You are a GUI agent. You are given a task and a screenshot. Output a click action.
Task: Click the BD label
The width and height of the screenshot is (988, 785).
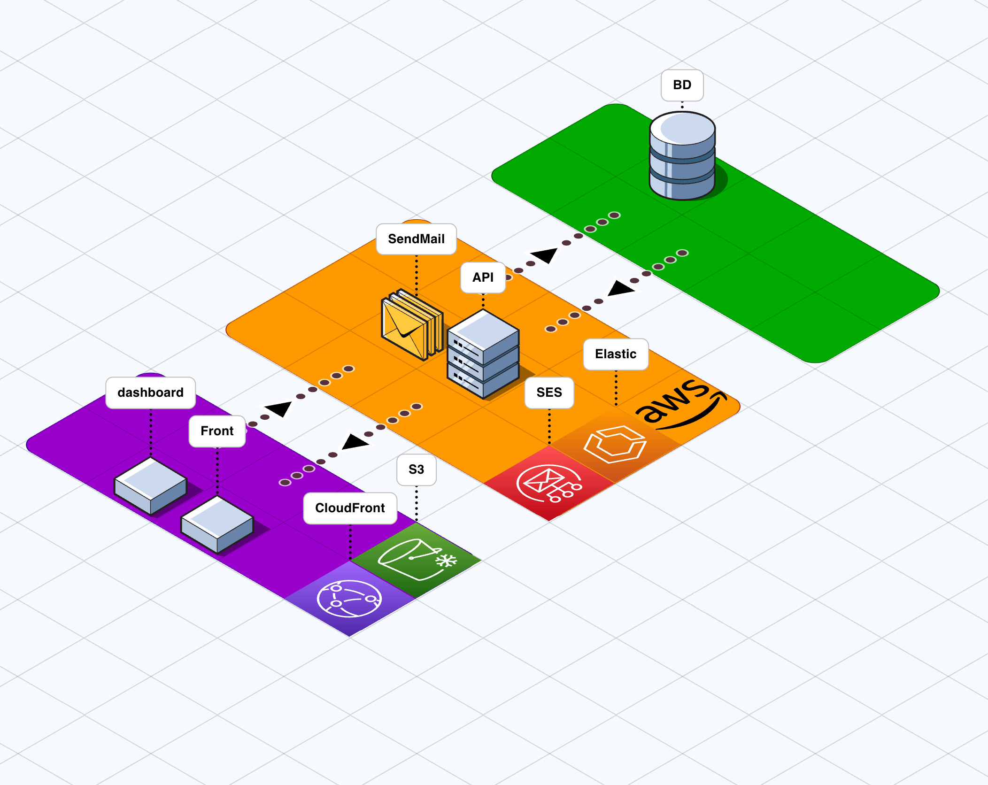point(682,85)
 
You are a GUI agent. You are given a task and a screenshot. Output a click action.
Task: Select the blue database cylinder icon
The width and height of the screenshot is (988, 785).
point(682,155)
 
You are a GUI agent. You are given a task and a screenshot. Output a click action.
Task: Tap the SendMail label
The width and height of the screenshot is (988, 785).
point(416,239)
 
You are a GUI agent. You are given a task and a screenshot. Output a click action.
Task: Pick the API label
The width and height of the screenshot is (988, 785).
point(483,277)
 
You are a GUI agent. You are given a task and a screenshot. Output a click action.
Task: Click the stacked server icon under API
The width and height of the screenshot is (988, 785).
point(483,355)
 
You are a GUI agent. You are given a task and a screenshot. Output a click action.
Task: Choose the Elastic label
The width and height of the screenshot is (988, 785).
point(616,354)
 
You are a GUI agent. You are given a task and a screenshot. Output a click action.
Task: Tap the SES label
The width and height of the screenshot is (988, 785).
point(549,392)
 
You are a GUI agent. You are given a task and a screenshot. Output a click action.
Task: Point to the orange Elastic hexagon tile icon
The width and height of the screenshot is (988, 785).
point(615,444)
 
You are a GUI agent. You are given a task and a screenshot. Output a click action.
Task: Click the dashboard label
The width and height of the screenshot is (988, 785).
point(150,392)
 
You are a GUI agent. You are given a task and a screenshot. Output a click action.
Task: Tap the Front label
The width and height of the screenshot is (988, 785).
point(217,431)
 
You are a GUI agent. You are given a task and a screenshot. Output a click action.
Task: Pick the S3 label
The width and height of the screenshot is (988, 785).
point(416,469)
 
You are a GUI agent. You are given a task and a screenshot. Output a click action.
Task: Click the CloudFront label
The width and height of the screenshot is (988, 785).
point(350,508)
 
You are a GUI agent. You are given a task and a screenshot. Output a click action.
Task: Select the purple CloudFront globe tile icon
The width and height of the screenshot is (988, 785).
point(349,598)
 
